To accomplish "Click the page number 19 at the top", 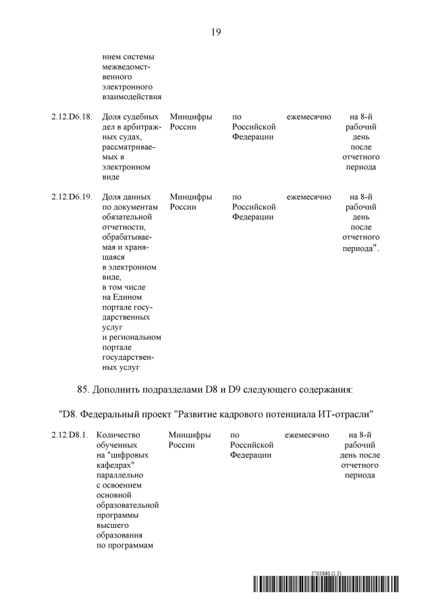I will [216, 32].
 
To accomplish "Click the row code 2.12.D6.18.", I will [72, 117].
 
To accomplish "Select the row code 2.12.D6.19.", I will [72, 197].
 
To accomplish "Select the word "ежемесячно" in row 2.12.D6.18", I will [308, 117].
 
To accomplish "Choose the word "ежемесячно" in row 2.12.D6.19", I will [308, 197].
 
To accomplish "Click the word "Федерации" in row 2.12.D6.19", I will [252, 217].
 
